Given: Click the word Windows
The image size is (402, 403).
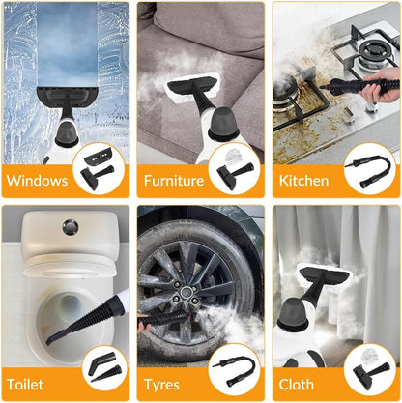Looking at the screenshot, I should click(x=40, y=180).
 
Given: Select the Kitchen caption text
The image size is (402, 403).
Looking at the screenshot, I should click(x=303, y=180).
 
